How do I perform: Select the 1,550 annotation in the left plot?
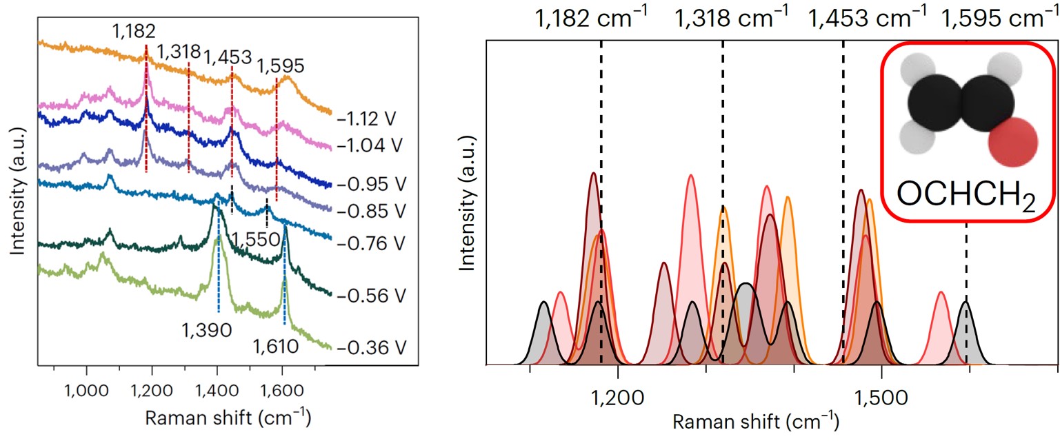(x=256, y=238)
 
